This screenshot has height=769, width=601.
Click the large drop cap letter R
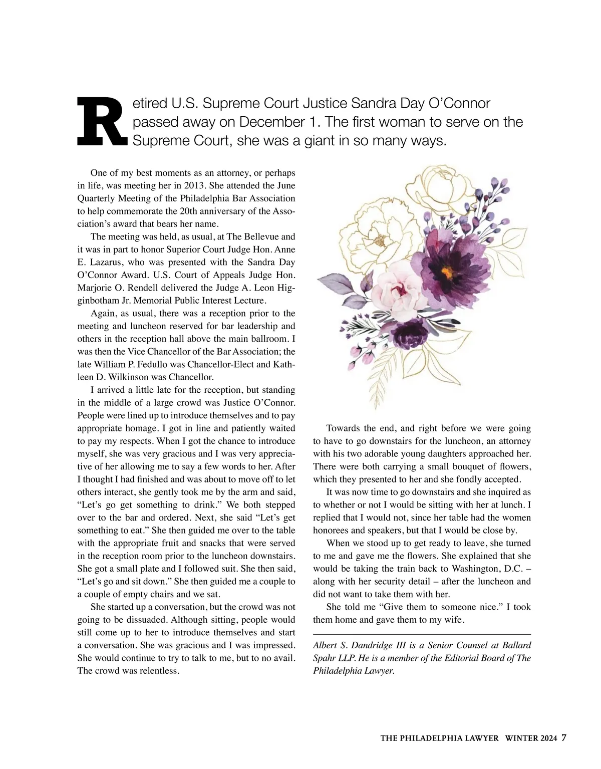[x=102, y=122]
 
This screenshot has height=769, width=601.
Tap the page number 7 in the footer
[x=563, y=737]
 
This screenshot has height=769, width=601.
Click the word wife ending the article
[x=454, y=620]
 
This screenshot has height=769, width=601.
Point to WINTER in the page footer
[x=521, y=738]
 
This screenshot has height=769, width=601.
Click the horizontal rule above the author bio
[x=422, y=635]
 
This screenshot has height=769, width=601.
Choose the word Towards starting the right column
[x=343, y=428]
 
